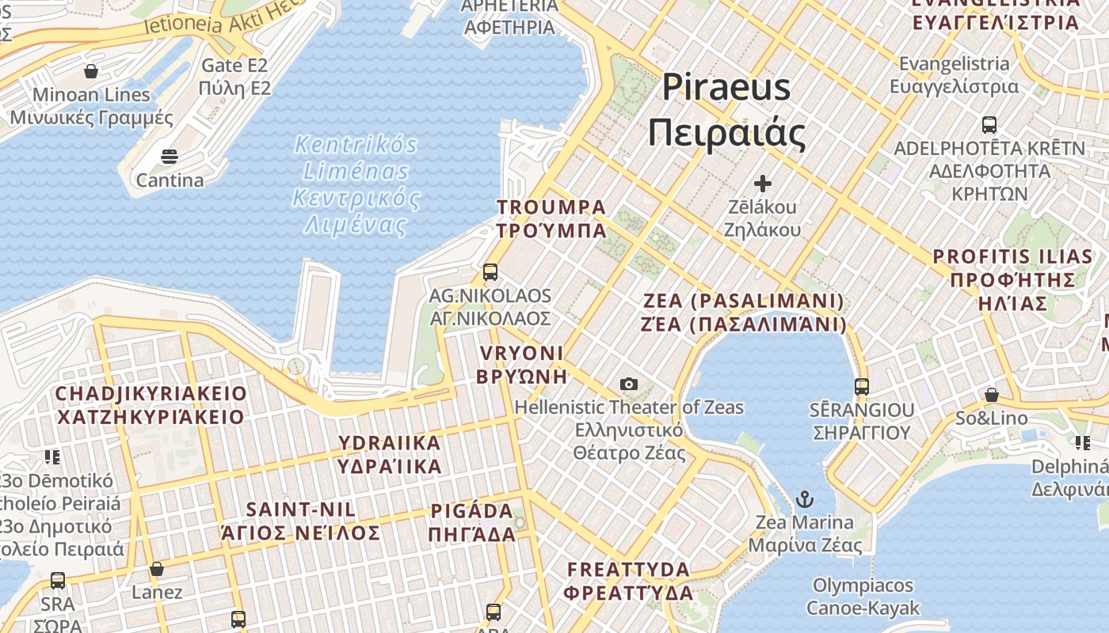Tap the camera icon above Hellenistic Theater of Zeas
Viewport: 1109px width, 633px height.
click(x=629, y=384)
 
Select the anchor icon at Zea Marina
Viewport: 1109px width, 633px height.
click(x=805, y=499)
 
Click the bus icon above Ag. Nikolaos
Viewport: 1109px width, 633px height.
click(x=490, y=272)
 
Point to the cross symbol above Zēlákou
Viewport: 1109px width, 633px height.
click(x=762, y=184)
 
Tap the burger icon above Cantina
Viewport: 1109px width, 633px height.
click(x=170, y=157)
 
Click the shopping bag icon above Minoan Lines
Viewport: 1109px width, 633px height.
click(x=91, y=71)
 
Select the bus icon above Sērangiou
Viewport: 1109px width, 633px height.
click(x=862, y=387)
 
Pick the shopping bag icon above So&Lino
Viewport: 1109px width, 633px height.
click(x=991, y=394)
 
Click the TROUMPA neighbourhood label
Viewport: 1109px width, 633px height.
click(x=551, y=219)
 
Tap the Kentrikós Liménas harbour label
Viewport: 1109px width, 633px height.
click(x=356, y=185)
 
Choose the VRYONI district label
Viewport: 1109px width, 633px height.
click(x=521, y=364)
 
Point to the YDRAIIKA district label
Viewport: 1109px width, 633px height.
click(x=390, y=455)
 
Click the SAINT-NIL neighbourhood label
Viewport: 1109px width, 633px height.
click(x=301, y=521)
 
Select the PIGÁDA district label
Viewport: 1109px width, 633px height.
click(x=472, y=522)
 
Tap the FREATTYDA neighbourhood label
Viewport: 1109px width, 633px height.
click(x=630, y=581)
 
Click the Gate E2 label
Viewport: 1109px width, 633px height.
click(x=235, y=76)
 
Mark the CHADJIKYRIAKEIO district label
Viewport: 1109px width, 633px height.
click(x=151, y=405)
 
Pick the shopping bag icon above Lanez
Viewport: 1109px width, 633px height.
click(x=157, y=569)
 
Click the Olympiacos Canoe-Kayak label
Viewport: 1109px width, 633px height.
click(x=863, y=597)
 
